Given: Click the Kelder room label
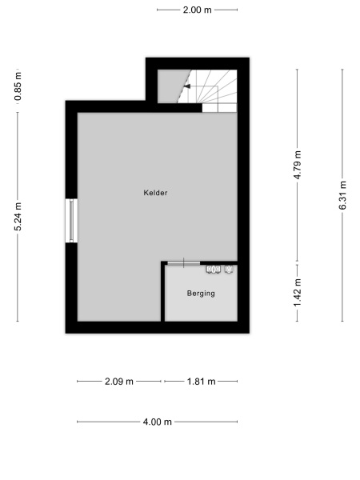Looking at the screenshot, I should click(156, 193).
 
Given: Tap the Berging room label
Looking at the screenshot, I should click(201, 294).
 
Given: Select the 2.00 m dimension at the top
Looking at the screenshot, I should click(197, 10).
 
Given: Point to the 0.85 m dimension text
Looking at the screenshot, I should click(18, 86).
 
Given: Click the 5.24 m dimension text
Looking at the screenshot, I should click(18, 216).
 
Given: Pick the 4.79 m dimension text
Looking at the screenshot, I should click(298, 166).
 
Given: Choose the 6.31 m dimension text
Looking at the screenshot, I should click(342, 194).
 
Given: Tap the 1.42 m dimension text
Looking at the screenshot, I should click(298, 292).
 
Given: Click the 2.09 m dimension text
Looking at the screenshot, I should click(120, 382).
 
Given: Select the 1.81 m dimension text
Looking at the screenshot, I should click(201, 382).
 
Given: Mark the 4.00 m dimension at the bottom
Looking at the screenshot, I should click(157, 422).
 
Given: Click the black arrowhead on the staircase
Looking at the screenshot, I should click(186, 86).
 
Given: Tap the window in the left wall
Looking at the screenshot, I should click(72, 220).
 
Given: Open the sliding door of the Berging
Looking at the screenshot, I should click(183, 263).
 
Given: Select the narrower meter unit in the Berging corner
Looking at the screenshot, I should click(230, 269).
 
